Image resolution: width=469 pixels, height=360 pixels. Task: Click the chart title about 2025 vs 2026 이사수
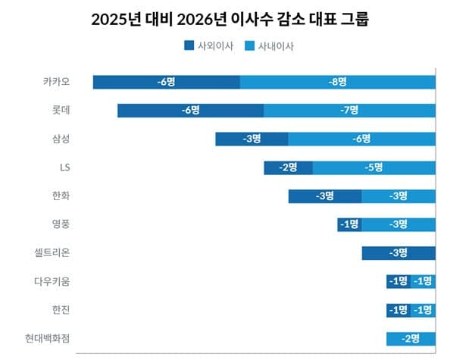pyautogui.click(x=235, y=19)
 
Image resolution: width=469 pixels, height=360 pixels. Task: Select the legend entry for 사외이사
pyautogui.click(x=209, y=45)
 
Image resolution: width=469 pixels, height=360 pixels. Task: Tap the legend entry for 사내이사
pyautogui.click(x=269, y=45)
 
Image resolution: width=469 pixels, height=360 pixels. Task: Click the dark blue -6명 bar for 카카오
pyautogui.click(x=166, y=82)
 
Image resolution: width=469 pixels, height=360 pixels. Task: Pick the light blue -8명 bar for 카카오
pyautogui.click(x=337, y=82)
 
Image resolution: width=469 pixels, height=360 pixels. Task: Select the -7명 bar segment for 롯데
pyautogui.click(x=349, y=110)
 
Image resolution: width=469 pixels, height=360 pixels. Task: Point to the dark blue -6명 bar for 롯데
pyautogui.click(x=190, y=110)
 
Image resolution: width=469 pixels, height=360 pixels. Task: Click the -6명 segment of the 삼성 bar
pyautogui.click(x=361, y=139)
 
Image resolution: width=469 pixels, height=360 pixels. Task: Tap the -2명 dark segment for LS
pyautogui.click(x=288, y=167)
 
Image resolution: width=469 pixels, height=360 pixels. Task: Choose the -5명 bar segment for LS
pyautogui.click(x=374, y=167)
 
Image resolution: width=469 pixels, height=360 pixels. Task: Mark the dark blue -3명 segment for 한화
pyautogui.click(x=324, y=196)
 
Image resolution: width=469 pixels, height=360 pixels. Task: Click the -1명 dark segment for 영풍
pyautogui.click(x=349, y=224)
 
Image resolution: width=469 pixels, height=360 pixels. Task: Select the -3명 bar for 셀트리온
pyautogui.click(x=398, y=253)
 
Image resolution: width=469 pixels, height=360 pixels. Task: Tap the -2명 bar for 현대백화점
pyautogui.click(x=410, y=338)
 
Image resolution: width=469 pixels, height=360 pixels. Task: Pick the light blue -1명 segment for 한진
pyautogui.click(x=423, y=310)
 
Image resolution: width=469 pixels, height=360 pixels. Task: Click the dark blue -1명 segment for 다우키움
pyautogui.click(x=398, y=281)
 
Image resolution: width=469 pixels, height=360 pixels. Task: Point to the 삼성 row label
pyautogui.click(x=67, y=139)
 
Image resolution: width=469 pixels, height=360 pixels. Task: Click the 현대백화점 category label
pyautogui.click(x=56, y=338)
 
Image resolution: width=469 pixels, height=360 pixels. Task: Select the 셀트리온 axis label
pyautogui.click(x=61, y=253)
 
